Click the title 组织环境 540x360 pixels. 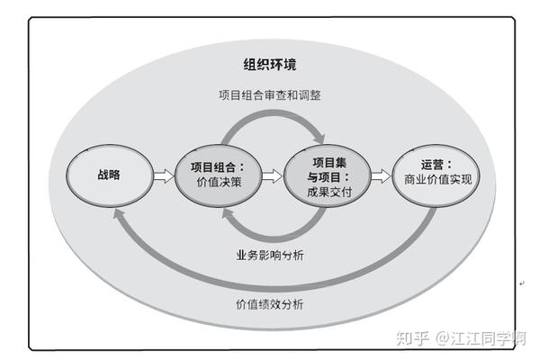point(269,65)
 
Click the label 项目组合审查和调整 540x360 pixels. point(269,95)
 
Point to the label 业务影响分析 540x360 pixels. point(269,256)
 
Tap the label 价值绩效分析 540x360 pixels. point(269,304)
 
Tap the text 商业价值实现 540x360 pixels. point(438,180)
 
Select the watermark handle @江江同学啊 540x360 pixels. point(481,339)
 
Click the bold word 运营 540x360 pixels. point(435,165)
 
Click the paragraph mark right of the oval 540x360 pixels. point(523,283)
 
